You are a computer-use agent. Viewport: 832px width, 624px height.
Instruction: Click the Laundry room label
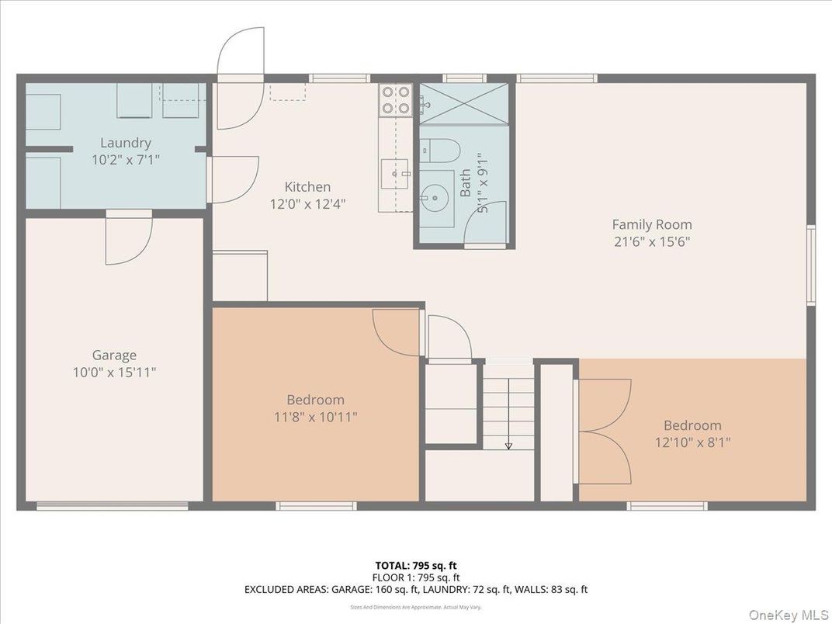[x=125, y=143]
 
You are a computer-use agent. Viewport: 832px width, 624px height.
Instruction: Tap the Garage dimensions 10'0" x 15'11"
[x=114, y=373]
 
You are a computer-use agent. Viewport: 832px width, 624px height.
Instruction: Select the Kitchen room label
[x=307, y=187]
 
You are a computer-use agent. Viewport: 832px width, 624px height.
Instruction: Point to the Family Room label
[x=651, y=224]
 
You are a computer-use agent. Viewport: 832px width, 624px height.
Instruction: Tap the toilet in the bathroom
[x=443, y=149]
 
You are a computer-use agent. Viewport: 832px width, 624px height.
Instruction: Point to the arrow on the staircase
[x=508, y=445]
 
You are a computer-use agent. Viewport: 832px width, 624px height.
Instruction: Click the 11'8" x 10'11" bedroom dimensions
[x=315, y=417]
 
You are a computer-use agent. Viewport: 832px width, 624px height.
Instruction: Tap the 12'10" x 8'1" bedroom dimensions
[x=692, y=442]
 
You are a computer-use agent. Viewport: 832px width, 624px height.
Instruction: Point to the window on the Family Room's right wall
[x=810, y=265]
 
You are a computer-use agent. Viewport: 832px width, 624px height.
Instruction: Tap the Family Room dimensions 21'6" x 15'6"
[x=651, y=241]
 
